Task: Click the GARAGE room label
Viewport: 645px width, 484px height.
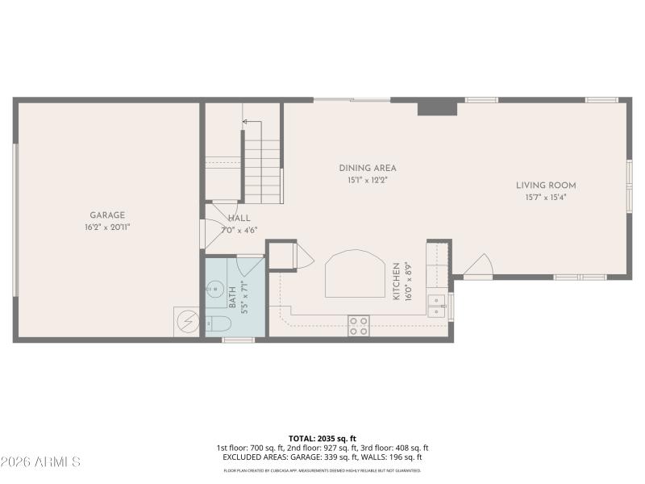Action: coord(107,215)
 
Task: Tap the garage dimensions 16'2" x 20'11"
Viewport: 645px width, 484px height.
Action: coord(107,227)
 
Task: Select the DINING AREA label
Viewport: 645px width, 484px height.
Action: coord(368,169)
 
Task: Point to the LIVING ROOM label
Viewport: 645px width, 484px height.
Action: coord(546,186)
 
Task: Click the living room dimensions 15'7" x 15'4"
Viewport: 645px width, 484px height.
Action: coord(546,197)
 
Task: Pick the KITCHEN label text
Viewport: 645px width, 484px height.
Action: coord(397,282)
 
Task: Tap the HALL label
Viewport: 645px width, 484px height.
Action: coord(239,219)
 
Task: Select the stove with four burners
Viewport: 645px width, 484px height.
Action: coord(359,325)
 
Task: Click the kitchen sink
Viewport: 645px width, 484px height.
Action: coord(437,306)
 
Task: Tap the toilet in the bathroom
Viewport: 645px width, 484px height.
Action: coord(218,324)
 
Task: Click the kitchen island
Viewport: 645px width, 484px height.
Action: coord(354,273)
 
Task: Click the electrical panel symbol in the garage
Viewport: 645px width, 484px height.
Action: coord(187,321)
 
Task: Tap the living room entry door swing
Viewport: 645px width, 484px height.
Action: coord(479,265)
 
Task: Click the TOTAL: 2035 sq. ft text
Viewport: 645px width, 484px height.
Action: coord(322,439)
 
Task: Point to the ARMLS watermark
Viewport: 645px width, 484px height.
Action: coord(40,462)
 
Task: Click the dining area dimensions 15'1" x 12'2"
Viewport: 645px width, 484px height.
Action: coord(368,181)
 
